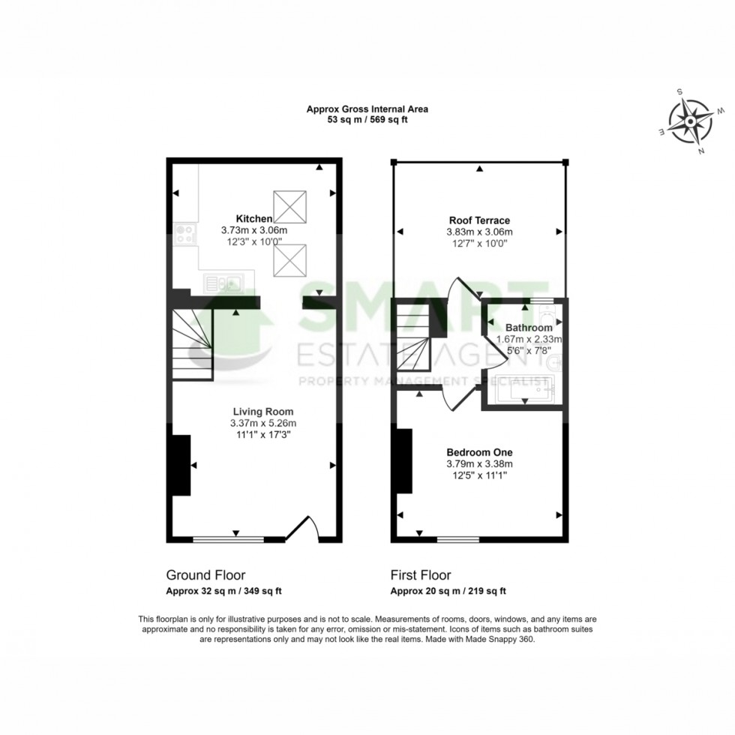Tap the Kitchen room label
[x=253, y=218]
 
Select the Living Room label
[x=262, y=412]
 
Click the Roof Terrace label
[x=479, y=220]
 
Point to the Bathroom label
[x=528, y=328]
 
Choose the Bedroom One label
[x=479, y=452]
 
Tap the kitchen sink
[x=223, y=283]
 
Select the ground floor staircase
[x=191, y=345]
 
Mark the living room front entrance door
[x=304, y=529]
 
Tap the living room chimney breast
[x=180, y=465]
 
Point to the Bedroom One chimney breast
[x=403, y=460]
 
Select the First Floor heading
[x=421, y=575]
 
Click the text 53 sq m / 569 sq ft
[x=367, y=119]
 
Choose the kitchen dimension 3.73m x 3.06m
[x=254, y=230]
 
